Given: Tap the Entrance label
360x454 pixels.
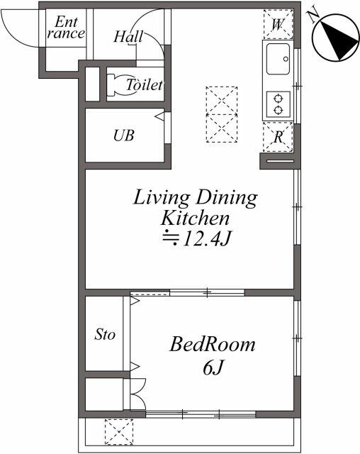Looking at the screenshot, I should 65,27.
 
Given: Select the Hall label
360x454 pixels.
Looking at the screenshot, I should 128,36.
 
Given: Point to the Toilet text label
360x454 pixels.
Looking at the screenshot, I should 145,85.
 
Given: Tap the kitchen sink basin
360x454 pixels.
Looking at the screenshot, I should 278,59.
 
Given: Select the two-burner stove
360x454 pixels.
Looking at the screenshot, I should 277,104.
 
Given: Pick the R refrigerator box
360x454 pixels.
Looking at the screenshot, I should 278,137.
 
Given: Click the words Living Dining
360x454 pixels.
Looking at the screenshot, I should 195,197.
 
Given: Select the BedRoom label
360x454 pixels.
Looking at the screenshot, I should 212,345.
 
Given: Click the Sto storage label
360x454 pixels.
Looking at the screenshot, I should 105,334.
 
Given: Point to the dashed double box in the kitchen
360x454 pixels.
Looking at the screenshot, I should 220,114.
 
